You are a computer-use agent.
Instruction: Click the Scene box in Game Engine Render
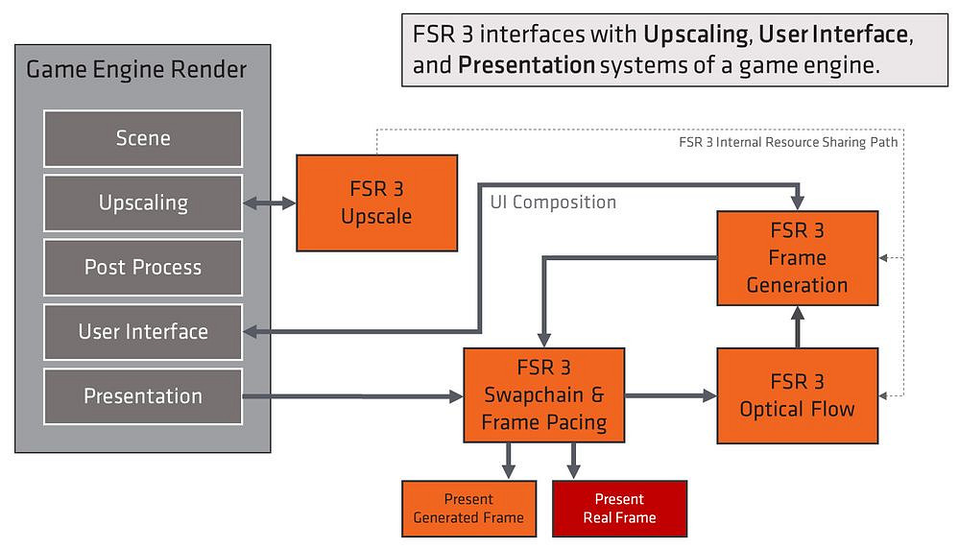tap(142, 138)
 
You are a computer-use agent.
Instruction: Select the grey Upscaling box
tap(142, 203)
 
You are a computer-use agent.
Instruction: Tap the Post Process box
tap(142, 267)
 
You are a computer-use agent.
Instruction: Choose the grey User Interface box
tap(142, 331)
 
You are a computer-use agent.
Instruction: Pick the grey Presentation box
tap(142, 395)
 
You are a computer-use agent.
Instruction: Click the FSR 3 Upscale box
tap(376, 203)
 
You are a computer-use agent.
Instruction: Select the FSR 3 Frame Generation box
tap(797, 257)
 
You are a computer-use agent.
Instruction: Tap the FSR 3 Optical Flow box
tap(797, 395)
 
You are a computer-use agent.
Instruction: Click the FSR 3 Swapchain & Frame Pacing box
tap(543, 395)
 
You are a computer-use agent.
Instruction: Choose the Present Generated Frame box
tap(468, 509)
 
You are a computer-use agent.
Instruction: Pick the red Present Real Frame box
tap(619, 509)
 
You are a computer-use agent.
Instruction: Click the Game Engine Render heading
tap(136, 70)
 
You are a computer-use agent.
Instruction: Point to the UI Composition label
tap(553, 203)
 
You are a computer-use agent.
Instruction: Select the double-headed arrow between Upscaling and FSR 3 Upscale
tap(269, 203)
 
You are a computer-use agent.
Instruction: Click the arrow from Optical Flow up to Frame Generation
tap(797, 326)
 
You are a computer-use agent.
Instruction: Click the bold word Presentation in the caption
tap(527, 65)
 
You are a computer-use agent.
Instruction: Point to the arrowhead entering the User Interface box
tap(252, 331)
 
